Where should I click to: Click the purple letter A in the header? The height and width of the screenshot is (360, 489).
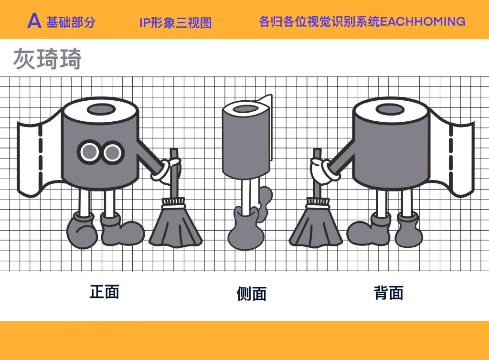pos(34,21)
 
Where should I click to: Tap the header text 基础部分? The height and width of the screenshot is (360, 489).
pos(71,22)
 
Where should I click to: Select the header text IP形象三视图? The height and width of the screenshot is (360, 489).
pos(176,22)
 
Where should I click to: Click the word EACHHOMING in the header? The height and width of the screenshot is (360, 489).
pos(423,21)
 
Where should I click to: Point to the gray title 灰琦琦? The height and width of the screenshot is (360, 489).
pos(47,58)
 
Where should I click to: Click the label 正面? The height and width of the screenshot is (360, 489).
pos(105,292)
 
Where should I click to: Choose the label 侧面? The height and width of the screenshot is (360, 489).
pos(251,294)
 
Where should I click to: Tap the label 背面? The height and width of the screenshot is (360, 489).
pos(389,293)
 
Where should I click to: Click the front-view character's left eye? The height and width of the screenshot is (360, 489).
pos(89,152)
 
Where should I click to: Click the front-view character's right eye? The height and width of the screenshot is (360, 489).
pos(113,152)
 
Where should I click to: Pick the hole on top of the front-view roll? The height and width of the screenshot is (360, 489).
pos(101,110)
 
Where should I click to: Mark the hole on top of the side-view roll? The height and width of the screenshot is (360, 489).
pos(245,109)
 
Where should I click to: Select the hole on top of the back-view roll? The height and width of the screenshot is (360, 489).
pos(390,109)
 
